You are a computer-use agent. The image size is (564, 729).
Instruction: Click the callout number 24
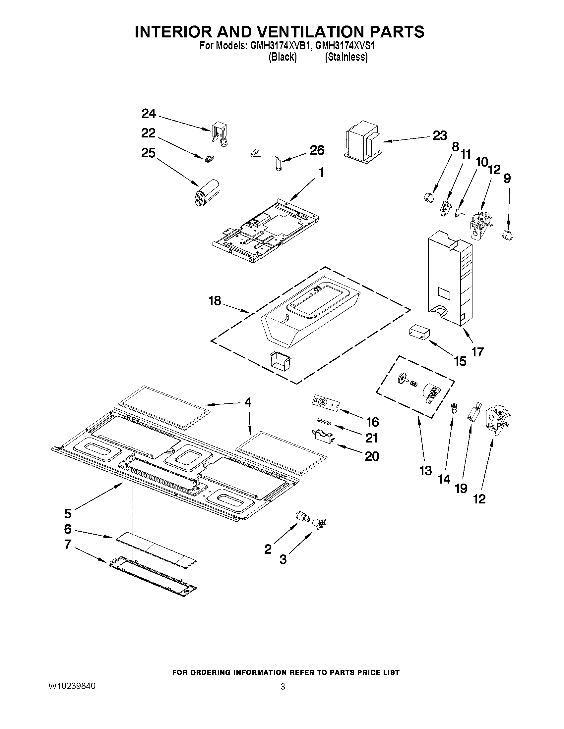[x=149, y=114]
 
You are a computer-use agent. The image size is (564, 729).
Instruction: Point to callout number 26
[x=317, y=150]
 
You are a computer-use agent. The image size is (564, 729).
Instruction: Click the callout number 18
[x=215, y=301]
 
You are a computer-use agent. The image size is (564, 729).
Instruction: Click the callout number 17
[x=477, y=351]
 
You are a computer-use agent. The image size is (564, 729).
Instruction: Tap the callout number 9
[x=507, y=179]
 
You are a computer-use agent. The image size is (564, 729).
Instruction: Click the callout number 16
[x=372, y=422]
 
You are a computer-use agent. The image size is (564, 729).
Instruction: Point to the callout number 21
[x=372, y=438]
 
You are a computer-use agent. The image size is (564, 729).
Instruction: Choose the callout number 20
[x=372, y=456]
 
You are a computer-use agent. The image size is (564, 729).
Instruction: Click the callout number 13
[x=426, y=471]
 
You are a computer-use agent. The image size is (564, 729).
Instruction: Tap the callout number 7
[x=68, y=545]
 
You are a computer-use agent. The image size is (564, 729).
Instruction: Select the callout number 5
[x=68, y=514]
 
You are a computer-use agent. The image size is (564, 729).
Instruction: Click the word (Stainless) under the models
[x=346, y=57]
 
